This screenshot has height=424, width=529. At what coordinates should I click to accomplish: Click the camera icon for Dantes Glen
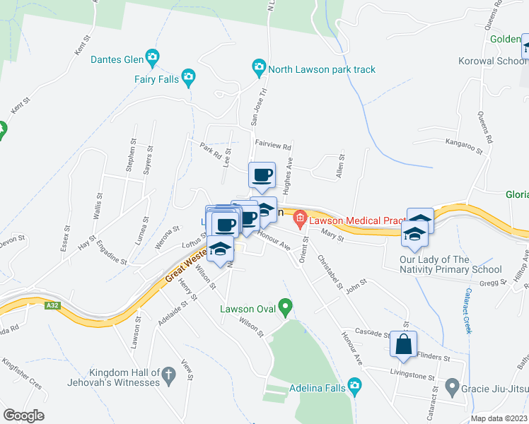pyautogui.click(x=151, y=57)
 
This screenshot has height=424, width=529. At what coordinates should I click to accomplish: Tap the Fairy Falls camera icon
pyautogui.click(x=187, y=76)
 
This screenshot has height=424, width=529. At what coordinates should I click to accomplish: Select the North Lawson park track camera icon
pyautogui.click(x=259, y=69)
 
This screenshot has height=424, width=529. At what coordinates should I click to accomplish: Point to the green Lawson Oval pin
pyautogui.click(x=285, y=307)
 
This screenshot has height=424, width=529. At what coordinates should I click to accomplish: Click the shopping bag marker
pyautogui.click(x=403, y=345)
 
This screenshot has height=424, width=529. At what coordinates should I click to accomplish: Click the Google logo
pyautogui.click(x=23, y=416)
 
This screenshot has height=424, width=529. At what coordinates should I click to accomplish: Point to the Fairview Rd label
pyautogui.click(x=273, y=145)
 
